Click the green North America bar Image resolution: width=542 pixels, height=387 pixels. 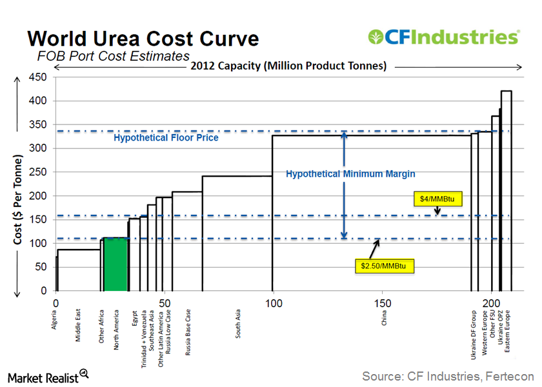[x=116, y=264]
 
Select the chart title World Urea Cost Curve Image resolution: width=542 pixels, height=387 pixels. [x=143, y=38]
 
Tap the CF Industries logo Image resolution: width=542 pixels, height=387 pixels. [x=443, y=37]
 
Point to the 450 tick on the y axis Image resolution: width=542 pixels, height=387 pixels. [x=39, y=77]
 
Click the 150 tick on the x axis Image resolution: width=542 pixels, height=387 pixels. [x=383, y=303]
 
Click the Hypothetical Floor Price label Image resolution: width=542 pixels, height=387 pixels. [x=166, y=138]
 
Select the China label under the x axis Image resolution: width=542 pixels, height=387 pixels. [x=384, y=320]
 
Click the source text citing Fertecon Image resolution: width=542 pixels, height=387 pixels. [x=448, y=375]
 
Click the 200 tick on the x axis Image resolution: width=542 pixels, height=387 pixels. [x=492, y=303]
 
